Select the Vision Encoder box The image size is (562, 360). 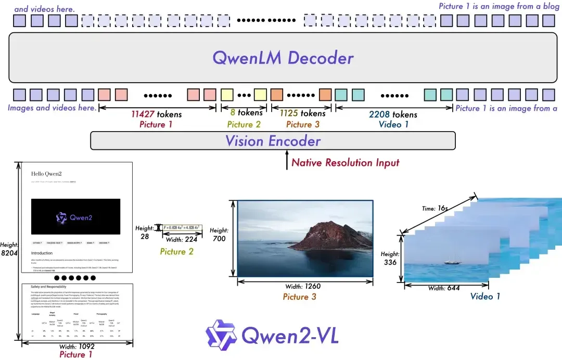273,140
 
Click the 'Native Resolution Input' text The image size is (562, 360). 345,162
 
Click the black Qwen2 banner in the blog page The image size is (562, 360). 75,217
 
